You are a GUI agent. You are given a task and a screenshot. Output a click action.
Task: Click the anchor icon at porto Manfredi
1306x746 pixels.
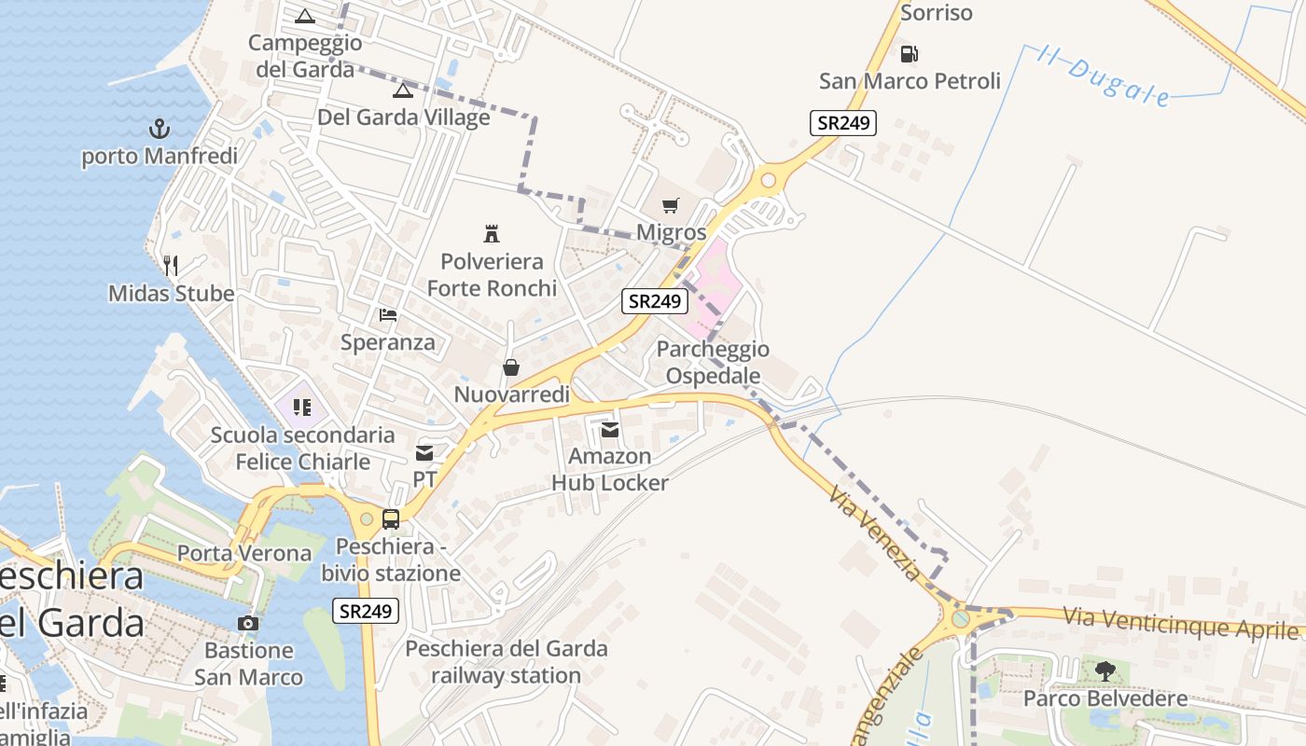pos(160,129)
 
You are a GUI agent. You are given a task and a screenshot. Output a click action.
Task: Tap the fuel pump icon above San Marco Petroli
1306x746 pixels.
pos(910,53)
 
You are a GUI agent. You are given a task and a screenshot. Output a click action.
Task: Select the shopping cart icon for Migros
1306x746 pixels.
pos(671,205)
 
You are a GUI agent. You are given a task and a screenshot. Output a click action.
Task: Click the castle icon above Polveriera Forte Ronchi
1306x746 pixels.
pos(492,233)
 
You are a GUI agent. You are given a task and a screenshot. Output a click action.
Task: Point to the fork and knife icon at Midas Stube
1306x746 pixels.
pos(171,266)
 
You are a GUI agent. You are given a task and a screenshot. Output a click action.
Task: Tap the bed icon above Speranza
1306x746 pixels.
pos(388,315)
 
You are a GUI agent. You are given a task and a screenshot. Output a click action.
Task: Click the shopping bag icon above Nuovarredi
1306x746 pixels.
pos(511,367)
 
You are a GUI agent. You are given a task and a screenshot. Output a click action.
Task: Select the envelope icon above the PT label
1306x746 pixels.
pos(424,453)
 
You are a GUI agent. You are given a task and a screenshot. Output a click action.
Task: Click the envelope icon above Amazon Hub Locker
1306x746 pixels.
pos(610,429)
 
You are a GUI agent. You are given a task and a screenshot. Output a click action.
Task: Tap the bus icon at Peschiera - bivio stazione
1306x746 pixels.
pos(391,519)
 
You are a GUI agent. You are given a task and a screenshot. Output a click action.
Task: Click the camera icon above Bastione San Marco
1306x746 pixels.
pos(248,623)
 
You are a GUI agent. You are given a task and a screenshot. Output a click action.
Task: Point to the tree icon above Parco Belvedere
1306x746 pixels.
pos(1105,670)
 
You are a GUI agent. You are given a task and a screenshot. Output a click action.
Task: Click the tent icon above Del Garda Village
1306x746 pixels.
pos(402,90)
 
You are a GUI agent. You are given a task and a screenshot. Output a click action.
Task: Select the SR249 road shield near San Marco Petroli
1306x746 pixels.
pos(842,123)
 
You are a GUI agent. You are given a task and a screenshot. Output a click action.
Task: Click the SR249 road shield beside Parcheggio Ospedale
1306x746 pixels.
pos(655,300)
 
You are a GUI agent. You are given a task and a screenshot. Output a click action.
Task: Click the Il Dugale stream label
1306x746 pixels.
pos(1105,76)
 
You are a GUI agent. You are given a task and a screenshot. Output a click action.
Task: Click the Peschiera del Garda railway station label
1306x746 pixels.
pos(507,661)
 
